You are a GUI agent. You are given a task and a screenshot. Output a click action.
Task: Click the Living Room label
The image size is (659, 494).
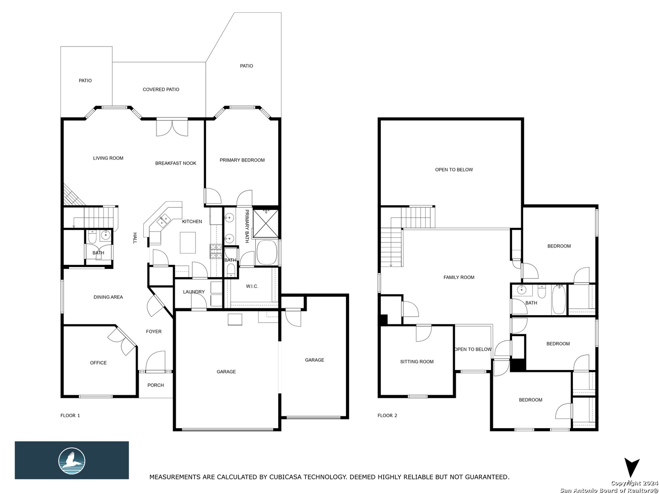tap(108, 158)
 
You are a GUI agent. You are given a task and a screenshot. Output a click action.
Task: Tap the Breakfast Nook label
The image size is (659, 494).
tap(176, 163)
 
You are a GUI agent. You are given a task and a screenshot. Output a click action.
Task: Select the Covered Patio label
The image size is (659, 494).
tap(161, 89)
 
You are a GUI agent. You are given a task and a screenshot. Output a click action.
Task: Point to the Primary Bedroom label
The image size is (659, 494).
tap(242, 160)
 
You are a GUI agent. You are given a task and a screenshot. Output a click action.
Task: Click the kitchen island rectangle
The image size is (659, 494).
tap(188, 242)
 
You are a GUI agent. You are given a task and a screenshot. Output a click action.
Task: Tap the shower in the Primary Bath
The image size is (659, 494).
tap(266, 223)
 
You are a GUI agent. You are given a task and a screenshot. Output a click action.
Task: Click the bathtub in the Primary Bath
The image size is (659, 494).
tap(267, 252)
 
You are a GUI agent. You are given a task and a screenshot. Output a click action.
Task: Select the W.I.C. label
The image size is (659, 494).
tap(252, 286)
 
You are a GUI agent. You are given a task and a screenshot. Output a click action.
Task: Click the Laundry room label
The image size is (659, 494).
tap(194, 292)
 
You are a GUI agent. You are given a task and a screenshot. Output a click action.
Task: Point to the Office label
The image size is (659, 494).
tap(98, 363)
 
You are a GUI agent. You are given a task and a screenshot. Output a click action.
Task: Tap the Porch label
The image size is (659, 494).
tap(156, 385)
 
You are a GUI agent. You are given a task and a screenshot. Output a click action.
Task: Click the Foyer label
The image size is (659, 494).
tap(154, 332)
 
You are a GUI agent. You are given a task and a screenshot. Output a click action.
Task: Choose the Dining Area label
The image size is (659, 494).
tap(108, 297)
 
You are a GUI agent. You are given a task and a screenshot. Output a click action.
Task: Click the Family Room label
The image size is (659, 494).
tap(459, 278)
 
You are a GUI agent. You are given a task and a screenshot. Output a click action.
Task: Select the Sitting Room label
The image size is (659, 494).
tap(417, 362)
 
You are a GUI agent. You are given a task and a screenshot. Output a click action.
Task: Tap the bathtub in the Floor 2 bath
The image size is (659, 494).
tap(559, 300)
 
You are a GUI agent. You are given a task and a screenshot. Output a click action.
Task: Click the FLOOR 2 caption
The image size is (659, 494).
tap(387, 415)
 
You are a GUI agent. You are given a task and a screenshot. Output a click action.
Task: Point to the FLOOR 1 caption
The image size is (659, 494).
tap(70, 415)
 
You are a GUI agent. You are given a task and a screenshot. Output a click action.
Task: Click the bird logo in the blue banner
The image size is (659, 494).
tap(72, 461)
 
